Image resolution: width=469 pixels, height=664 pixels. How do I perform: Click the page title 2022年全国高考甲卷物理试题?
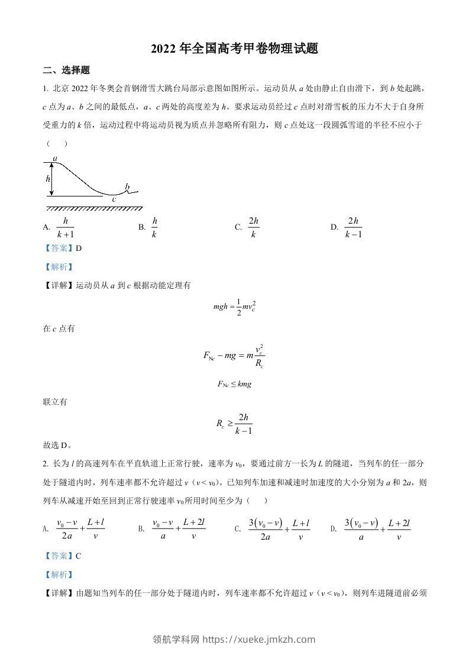pos(235,49)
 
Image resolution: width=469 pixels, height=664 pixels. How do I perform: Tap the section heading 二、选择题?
pos(66,70)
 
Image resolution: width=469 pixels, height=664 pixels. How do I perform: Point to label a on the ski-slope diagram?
pos(54,159)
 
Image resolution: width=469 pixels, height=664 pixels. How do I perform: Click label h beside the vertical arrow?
pos(47,178)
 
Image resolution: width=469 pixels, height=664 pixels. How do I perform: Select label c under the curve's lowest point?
pos(114,199)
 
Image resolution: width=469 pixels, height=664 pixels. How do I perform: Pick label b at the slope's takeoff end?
pos(127,187)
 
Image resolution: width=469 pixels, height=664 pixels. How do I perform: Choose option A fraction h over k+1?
pos(65,227)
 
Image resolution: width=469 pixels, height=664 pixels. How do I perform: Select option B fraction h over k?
pos(154,227)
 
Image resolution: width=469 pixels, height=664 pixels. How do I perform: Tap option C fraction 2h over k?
pos(254,227)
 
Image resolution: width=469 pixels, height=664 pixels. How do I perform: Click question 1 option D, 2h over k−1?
pos(354,227)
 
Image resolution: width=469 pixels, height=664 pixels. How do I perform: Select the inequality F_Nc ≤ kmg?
pos(235,384)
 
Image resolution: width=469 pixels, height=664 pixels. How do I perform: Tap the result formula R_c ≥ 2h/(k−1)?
pos(235,424)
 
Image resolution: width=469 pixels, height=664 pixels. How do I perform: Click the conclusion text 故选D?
pos(58,446)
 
